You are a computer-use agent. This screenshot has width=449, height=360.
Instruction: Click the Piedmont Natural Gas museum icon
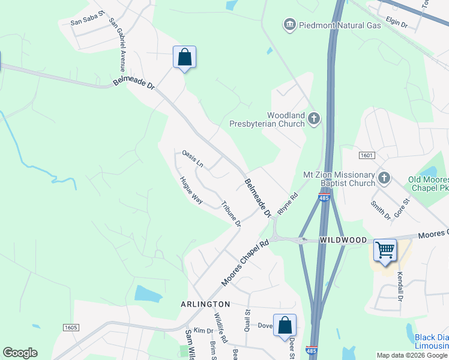tap(290, 25)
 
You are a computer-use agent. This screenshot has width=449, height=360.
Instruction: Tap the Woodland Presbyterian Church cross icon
tap(313, 119)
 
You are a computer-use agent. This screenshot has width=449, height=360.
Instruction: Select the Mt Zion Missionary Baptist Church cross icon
tap(384, 178)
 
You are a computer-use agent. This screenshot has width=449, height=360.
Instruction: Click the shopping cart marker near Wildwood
tap(385, 249)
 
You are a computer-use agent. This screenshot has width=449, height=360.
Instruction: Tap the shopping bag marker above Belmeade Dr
tap(185, 58)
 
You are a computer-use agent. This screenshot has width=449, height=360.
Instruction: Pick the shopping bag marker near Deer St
tap(285, 326)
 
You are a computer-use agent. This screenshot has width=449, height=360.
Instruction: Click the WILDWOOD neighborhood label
tap(343, 240)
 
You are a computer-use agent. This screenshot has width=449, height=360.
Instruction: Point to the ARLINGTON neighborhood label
tap(205, 305)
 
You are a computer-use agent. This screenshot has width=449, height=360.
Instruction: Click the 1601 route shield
tap(367, 155)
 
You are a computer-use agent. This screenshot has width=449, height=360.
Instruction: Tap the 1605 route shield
tap(71, 327)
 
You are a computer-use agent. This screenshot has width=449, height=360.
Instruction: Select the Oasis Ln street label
tap(193, 158)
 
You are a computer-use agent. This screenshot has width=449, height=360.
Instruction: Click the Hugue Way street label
tap(191, 190)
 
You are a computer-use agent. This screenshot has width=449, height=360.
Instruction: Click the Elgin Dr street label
tap(396, 25)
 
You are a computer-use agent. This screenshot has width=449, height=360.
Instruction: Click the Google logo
tap(20, 353)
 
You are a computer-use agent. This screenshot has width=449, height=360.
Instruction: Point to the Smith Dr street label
tap(380, 209)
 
